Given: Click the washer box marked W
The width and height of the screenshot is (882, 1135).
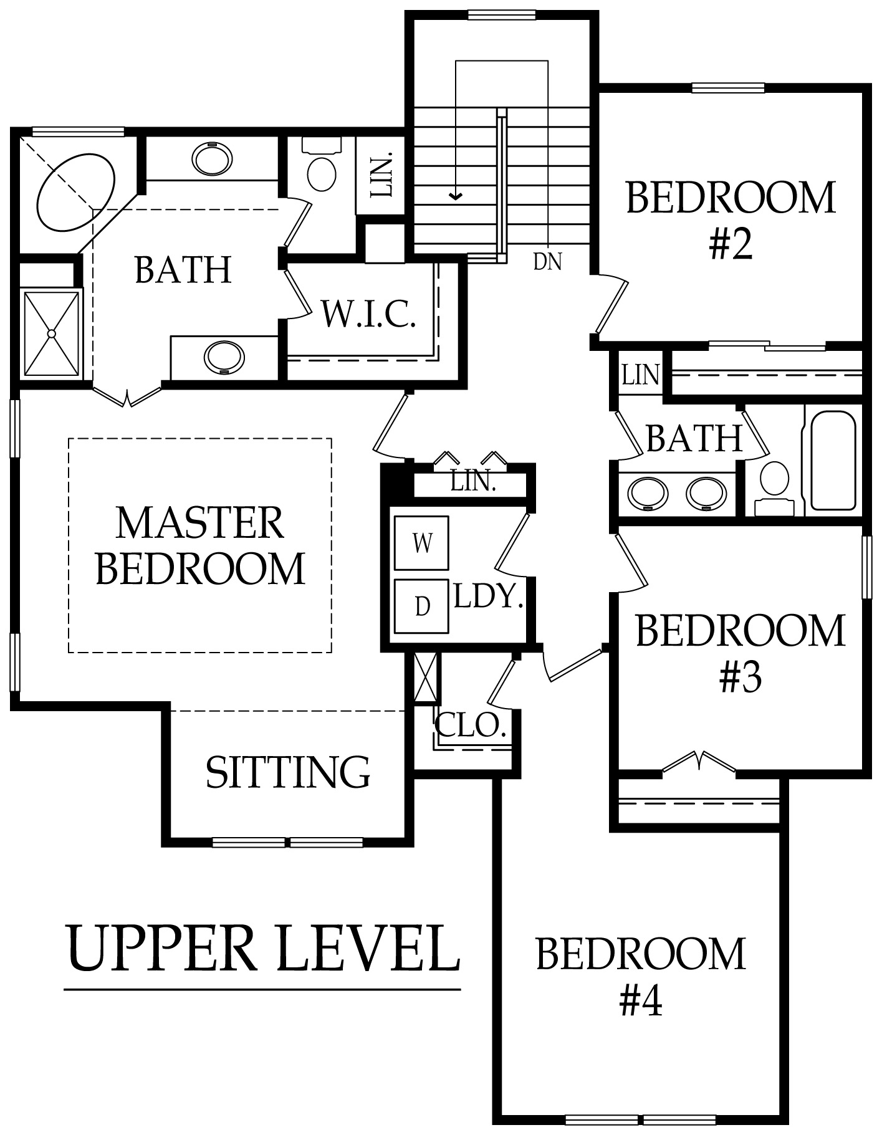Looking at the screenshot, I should coord(422,543).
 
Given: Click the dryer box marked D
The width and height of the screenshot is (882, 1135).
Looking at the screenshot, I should coord(422,606).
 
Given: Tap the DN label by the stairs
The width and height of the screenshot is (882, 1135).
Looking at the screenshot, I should coord(547,262).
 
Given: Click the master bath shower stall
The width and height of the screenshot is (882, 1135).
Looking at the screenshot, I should coord(52,333).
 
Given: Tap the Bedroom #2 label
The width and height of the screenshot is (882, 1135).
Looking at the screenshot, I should coord(731,219).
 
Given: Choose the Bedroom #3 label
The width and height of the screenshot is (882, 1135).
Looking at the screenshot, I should coord(740,653).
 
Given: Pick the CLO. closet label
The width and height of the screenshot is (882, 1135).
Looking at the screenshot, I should coord(469,725).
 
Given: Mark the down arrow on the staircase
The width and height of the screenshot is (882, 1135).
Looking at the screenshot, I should coord(457,197).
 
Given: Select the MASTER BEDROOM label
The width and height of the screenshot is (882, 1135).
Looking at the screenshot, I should coord(201,545).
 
